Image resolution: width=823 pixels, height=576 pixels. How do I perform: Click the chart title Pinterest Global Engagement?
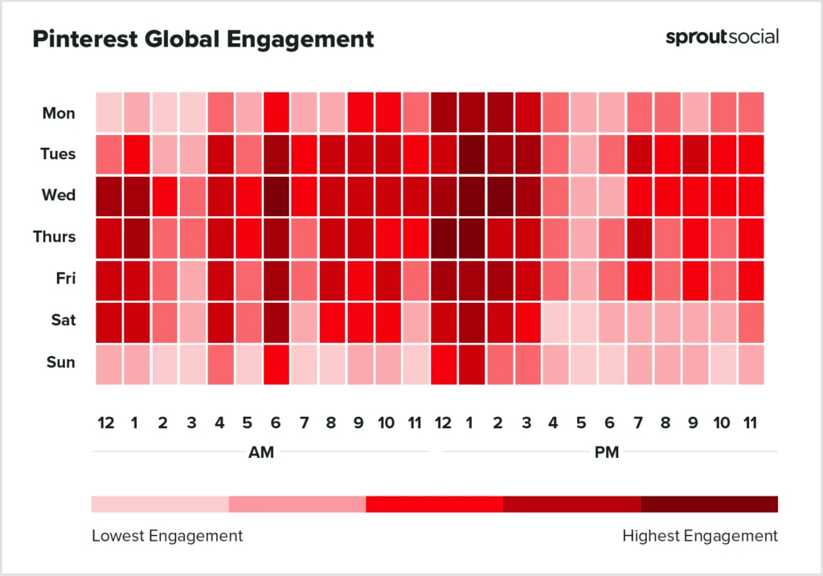tap(203, 39)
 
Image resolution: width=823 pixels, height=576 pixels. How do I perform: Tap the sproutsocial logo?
tap(722, 37)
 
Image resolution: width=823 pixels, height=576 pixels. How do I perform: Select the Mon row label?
tap(59, 113)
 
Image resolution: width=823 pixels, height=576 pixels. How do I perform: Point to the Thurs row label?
tap(55, 237)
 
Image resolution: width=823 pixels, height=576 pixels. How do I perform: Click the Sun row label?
tap(60, 362)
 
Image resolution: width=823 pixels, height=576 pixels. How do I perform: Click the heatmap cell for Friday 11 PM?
tap(751, 279)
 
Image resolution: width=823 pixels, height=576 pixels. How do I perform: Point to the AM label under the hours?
tap(261, 452)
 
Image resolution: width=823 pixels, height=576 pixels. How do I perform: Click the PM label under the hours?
tap(607, 452)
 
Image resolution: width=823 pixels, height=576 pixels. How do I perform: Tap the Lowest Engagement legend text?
tap(167, 535)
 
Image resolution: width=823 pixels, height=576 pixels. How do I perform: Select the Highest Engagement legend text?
tap(700, 535)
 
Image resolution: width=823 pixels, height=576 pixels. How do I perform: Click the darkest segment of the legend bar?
tap(709, 504)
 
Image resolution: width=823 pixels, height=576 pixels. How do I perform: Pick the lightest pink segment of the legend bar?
tap(160, 504)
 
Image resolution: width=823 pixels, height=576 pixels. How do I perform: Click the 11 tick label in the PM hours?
tap(751, 423)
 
